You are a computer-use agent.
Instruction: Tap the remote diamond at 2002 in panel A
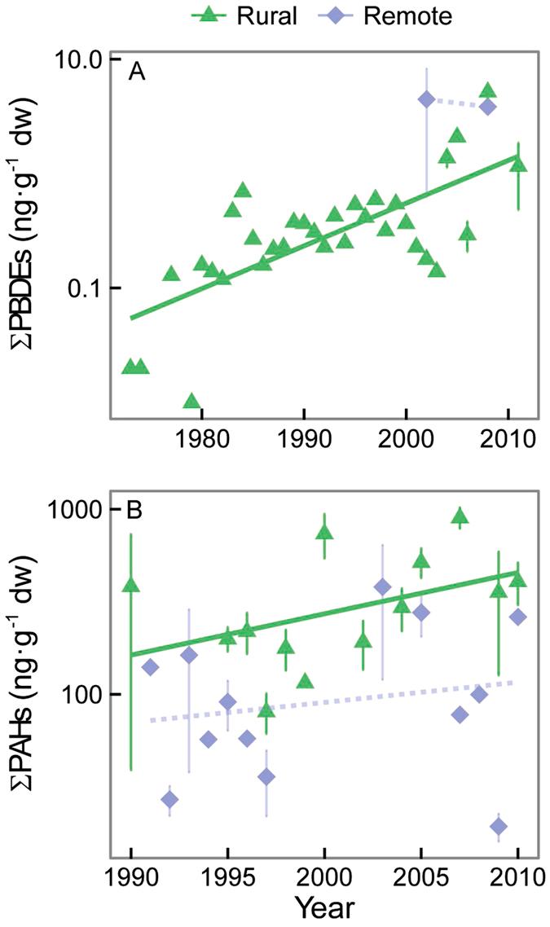click(x=426, y=99)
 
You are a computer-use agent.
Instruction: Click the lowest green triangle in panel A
click(x=191, y=401)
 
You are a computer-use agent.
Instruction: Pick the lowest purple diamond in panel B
click(x=499, y=827)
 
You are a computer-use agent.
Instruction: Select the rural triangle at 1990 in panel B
click(x=130, y=585)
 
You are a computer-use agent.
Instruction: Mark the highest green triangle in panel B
click(x=460, y=515)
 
